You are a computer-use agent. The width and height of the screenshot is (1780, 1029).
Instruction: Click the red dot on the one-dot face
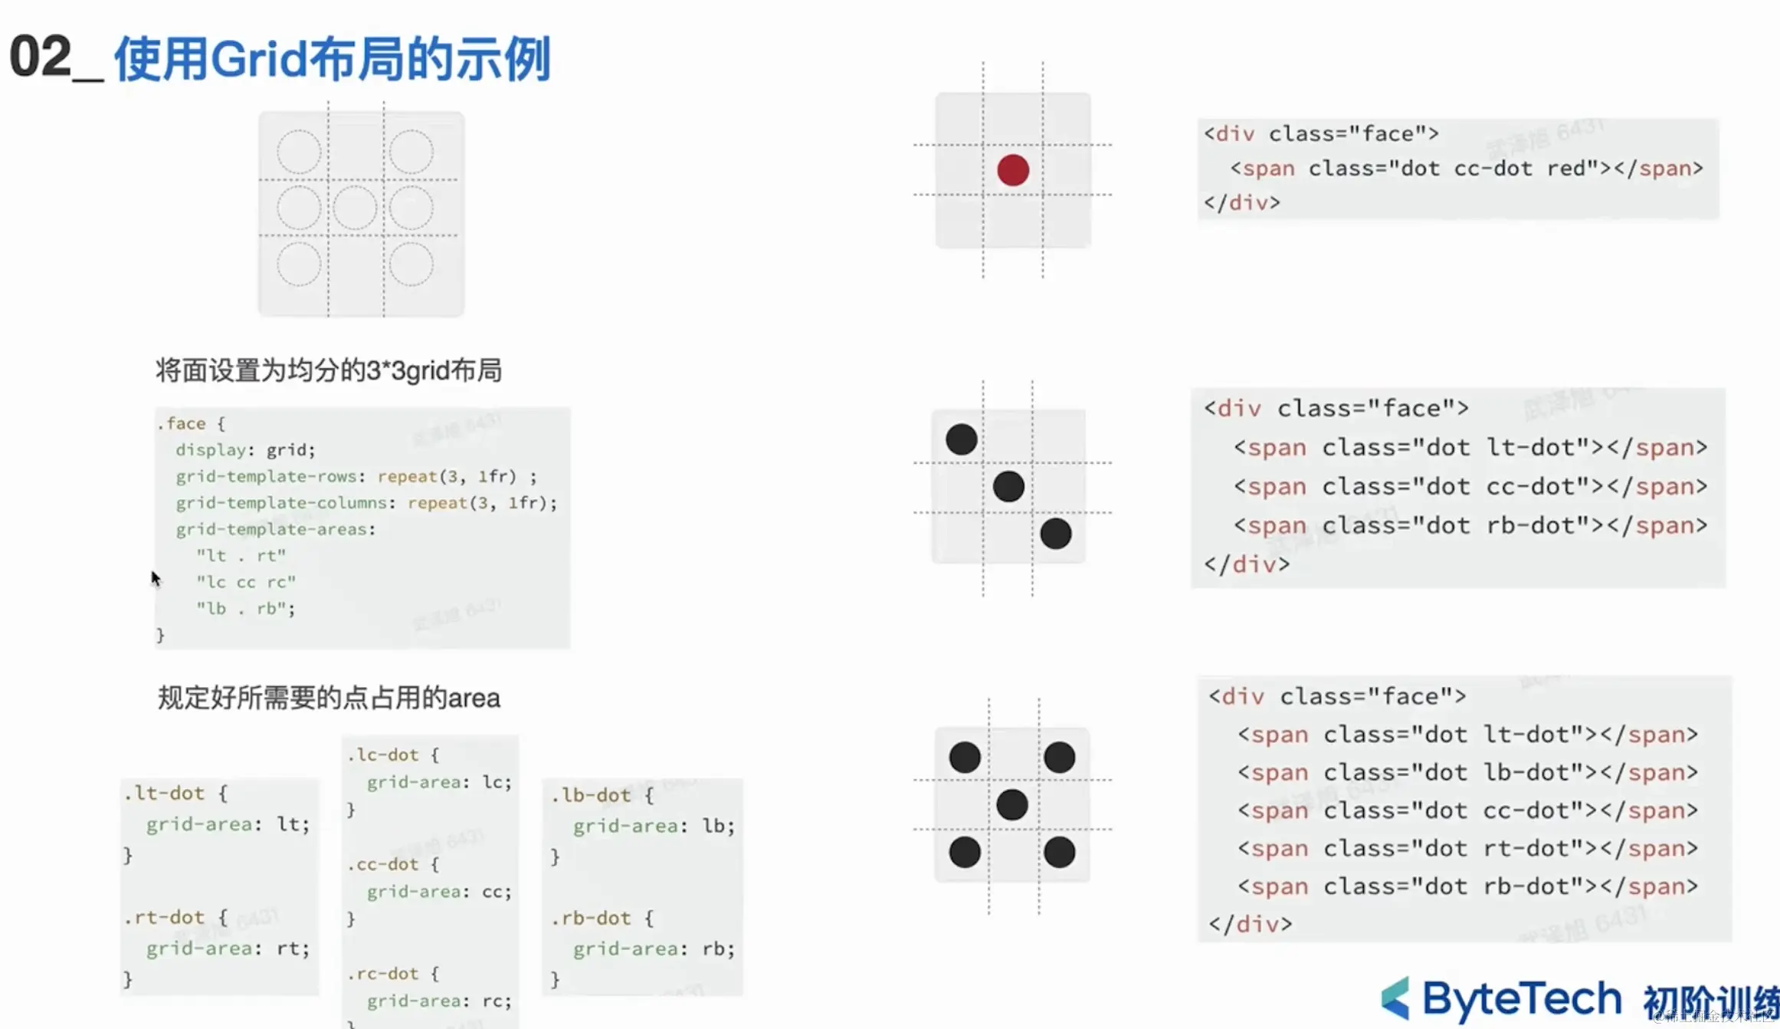1012,170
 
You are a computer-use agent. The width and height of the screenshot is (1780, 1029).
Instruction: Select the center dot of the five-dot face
1011,804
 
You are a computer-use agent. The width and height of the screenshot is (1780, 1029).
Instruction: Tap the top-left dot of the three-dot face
961,439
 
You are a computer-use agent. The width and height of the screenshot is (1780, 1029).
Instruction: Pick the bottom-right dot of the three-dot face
1055,534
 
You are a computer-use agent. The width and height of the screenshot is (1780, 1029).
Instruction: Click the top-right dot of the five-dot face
1059,758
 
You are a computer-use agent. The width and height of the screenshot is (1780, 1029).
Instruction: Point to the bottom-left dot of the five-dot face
964,852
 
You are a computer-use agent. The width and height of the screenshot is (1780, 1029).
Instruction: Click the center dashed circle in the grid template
355,208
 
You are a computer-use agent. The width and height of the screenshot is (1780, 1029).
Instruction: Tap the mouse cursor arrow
156,578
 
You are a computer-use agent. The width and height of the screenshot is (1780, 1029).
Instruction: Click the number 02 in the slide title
40,57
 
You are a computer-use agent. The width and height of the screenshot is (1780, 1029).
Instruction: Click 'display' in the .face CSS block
210,450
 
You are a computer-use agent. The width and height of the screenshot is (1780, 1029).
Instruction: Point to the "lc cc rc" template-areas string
246,582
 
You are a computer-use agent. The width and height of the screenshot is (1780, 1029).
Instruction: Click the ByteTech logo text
1521,998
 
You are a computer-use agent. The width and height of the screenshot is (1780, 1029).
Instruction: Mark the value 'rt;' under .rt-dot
293,948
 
